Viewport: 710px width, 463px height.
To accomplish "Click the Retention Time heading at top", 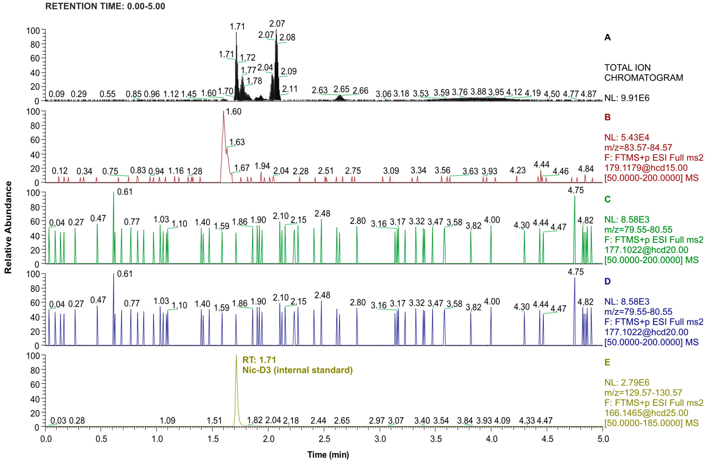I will (x=105, y=6).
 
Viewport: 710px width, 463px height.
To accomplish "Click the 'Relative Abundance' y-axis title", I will (x=8, y=228).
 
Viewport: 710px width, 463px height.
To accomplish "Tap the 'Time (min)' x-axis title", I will (x=328, y=455).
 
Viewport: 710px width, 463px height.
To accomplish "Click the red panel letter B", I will (x=607, y=117).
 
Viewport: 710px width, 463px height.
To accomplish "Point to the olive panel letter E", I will (x=607, y=362).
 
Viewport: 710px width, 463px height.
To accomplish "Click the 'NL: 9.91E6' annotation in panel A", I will (x=626, y=98).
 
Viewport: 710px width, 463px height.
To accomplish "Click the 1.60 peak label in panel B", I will (x=234, y=112).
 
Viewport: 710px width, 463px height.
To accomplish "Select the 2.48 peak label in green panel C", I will (x=322, y=214).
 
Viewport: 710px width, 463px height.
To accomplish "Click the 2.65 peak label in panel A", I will (x=341, y=89).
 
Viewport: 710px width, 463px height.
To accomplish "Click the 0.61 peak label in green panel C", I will (x=125, y=192).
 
